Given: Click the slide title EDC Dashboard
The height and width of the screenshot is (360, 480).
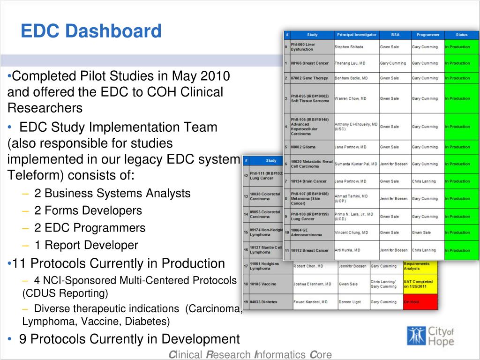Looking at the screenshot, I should coord(91,31).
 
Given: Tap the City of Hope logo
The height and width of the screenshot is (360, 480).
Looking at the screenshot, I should coord(430,336).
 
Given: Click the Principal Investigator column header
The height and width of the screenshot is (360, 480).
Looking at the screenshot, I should coord(356,35).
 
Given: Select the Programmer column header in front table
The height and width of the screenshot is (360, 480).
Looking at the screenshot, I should coord(427,35).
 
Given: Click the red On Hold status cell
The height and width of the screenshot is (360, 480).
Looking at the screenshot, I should coord(420,302).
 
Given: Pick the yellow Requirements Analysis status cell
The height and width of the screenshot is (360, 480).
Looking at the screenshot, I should coord(420,266).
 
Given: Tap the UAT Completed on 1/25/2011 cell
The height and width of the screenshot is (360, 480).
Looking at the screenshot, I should coord(420,284).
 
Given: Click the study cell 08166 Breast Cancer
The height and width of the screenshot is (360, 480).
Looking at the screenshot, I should coord(310,63).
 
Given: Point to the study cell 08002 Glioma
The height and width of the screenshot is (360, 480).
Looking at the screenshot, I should coord(303,147).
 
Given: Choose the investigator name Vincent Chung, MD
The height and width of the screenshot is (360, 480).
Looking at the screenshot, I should coord(352,232).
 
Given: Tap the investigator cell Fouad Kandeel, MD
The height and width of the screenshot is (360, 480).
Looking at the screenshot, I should coord(312,302).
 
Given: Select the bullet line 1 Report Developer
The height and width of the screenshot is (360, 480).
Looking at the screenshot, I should coord(86,245).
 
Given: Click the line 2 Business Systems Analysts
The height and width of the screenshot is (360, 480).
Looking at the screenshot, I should coord(112,193).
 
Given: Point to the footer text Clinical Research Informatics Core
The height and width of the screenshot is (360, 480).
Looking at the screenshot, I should coord(250,355).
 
